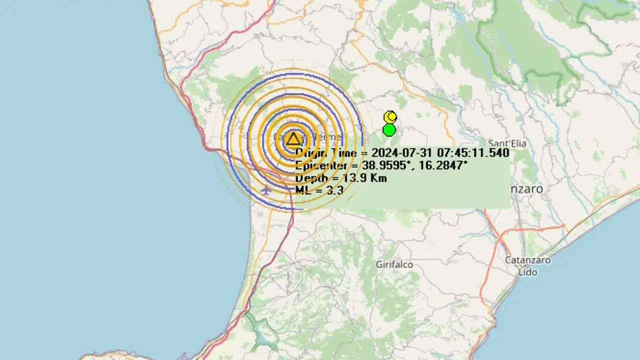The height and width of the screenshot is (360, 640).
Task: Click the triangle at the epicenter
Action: (293, 139)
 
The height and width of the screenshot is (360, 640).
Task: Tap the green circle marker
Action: (389, 130)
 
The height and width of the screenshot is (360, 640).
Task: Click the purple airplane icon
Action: (266, 190)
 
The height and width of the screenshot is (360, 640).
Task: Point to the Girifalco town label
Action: (394, 264)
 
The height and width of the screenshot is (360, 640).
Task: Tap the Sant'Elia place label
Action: (507, 144)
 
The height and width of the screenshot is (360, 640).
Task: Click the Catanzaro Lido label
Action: (527, 266)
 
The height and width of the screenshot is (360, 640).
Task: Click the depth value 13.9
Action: (355, 178)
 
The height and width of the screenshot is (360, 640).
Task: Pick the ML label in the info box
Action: (303, 190)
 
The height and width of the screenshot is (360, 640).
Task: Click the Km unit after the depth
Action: (378, 178)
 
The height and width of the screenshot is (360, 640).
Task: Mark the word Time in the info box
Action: (341, 153)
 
